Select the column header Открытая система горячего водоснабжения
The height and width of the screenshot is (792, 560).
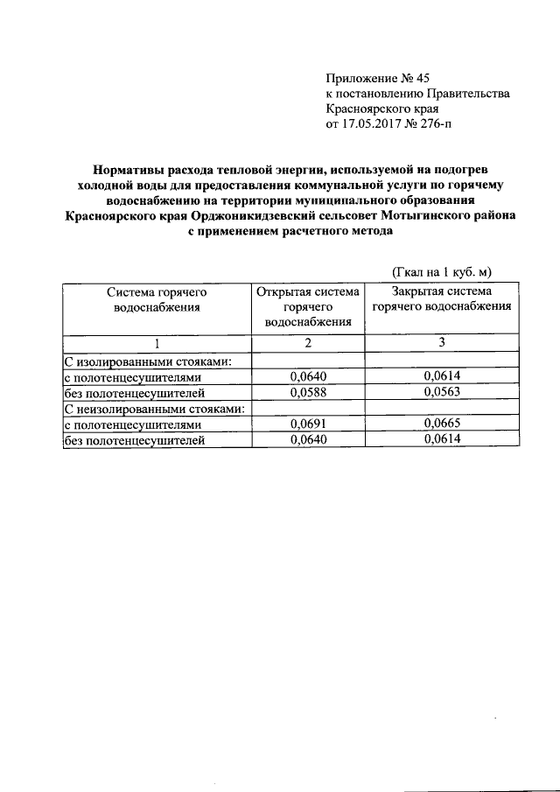pyautogui.click(x=307, y=306)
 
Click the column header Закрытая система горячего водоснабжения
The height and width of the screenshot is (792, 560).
pyautogui.click(x=441, y=298)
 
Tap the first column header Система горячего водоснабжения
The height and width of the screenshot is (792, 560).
pyautogui.click(x=157, y=298)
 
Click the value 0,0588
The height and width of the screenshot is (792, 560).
pyautogui.click(x=307, y=392)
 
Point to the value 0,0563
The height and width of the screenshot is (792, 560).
pyautogui.click(x=441, y=392)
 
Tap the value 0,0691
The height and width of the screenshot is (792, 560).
pyautogui.click(x=307, y=424)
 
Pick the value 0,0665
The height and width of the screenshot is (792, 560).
pyautogui.click(x=441, y=424)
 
